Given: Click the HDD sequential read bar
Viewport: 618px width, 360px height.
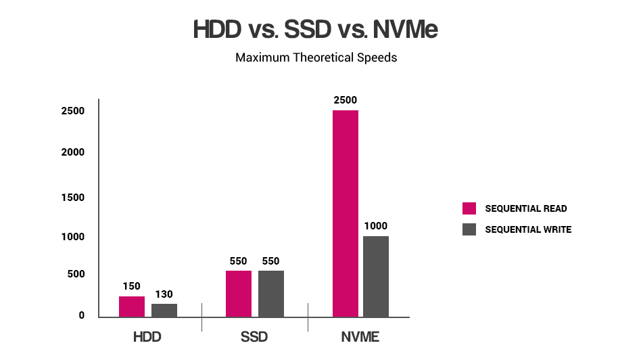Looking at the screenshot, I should tap(132, 307).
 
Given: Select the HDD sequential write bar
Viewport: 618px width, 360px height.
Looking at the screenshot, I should tap(164, 311).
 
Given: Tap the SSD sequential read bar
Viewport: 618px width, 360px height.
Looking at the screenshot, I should tap(239, 294).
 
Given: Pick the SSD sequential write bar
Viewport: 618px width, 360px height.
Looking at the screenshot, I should tap(271, 294).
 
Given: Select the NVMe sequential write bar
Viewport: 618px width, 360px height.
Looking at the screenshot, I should tap(376, 276).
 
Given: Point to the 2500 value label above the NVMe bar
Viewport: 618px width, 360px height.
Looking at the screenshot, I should tap(345, 100).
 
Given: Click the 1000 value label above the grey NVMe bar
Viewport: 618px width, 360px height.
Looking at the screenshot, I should tap(376, 226).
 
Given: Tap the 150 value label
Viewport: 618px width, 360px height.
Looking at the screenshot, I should tap(132, 286).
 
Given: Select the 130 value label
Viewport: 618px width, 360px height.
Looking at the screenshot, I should tap(164, 294).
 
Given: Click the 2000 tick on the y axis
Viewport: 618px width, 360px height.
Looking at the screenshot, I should tap(72, 152).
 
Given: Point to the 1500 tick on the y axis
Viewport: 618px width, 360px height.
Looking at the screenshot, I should tap(72, 198).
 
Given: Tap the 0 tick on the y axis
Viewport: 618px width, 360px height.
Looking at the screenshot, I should tap(82, 315).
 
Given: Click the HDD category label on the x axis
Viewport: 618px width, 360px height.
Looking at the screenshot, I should tap(147, 337).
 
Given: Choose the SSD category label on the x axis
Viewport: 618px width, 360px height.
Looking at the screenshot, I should tap(254, 337).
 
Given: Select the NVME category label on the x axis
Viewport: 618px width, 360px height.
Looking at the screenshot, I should tap(360, 337).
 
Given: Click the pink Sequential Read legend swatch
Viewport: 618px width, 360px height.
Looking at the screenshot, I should tap(469, 208).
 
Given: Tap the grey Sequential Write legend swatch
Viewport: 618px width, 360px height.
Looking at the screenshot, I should tap(469, 229).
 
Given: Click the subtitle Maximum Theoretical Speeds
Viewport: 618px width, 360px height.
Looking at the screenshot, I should tap(316, 58).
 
